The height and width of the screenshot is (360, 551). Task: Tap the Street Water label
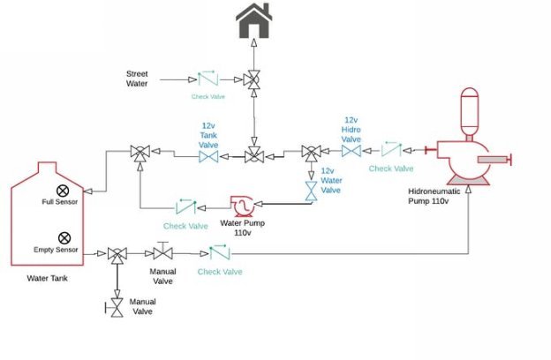pos(137,79)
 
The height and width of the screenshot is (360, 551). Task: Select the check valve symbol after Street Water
pos(208,79)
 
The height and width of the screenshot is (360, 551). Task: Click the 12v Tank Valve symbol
pos(208,157)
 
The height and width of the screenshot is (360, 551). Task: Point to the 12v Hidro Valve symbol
pos(351,151)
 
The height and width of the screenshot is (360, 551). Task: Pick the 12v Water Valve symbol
pos(311,191)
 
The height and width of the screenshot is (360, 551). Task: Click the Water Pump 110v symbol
pos(242,206)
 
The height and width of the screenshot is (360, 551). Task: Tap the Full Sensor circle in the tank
pos(63,191)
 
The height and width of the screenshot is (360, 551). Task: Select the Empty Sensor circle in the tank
pos(64,237)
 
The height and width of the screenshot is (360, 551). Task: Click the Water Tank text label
pos(47,278)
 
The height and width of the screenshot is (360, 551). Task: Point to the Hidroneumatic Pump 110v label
pos(434,196)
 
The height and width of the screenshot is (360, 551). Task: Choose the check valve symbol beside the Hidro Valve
pos(391,149)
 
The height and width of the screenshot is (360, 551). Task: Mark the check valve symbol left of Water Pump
pos(186,206)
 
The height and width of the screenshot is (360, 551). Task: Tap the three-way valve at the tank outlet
pos(117,254)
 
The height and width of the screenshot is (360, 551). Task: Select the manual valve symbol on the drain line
pos(116,308)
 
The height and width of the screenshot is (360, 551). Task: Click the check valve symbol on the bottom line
pos(220,252)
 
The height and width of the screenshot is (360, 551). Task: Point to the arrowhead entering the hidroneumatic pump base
pos(468,189)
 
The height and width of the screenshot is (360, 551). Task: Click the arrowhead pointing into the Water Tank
pos(87,191)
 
